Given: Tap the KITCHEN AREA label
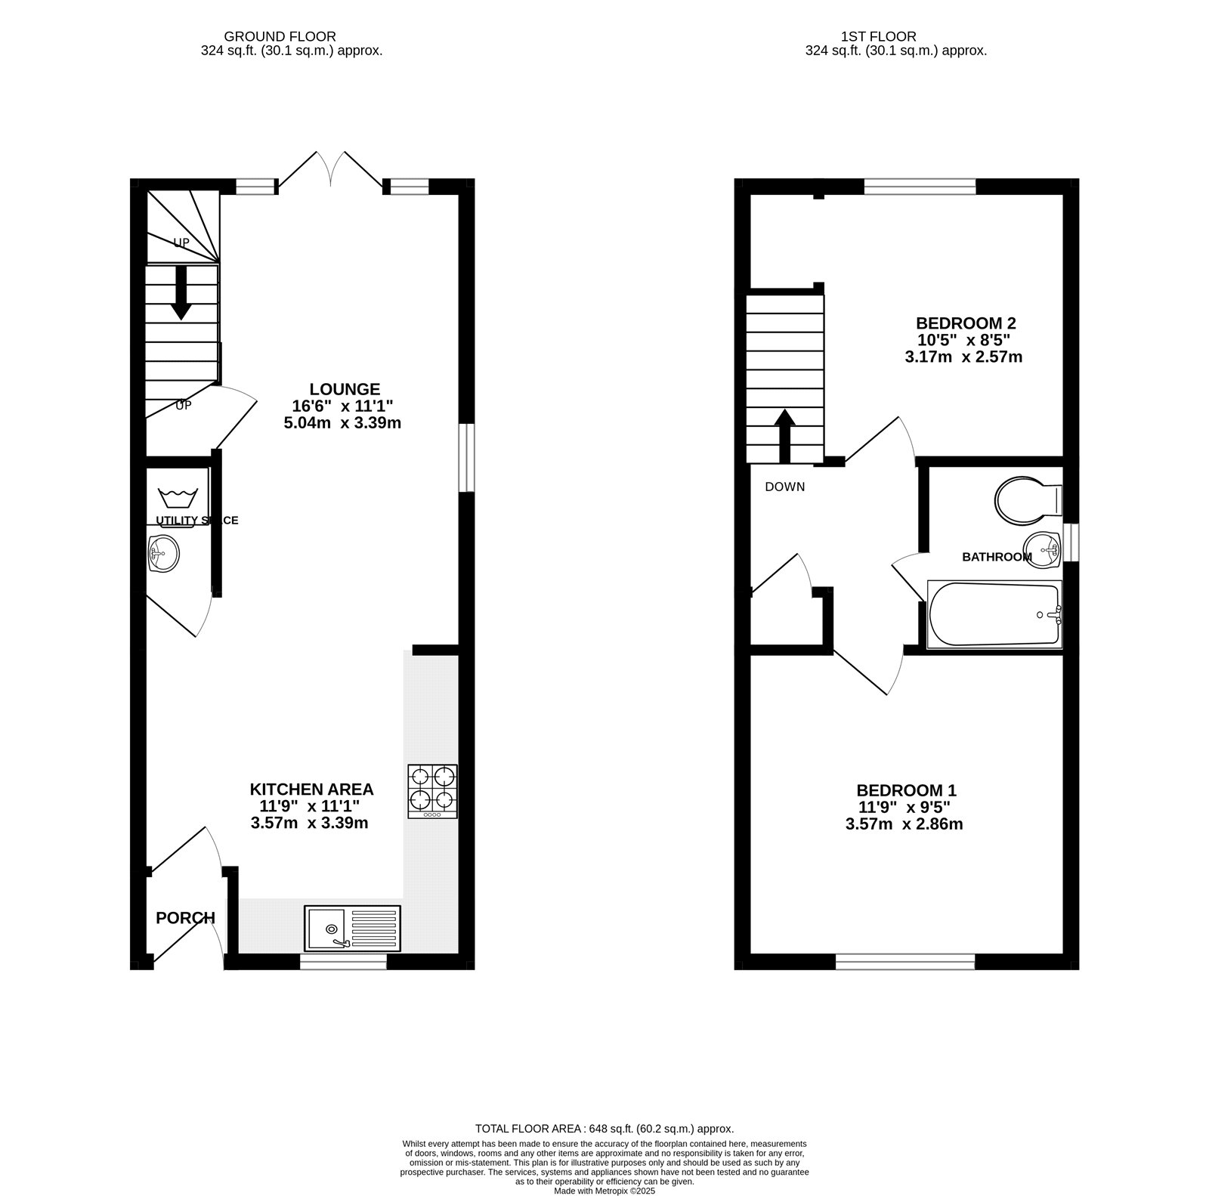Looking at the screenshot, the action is click(312, 790).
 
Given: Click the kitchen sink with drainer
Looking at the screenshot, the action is click(353, 928).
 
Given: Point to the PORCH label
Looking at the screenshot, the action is click(186, 918).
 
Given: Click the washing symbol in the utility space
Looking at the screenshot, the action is click(178, 499).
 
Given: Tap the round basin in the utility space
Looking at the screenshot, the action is click(164, 554).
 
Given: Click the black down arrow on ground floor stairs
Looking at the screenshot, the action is click(181, 292).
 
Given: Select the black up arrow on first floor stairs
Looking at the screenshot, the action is click(785, 436).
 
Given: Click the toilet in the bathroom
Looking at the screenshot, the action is click(1029, 499).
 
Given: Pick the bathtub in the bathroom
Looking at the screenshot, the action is click(994, 614).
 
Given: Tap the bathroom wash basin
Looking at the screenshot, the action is click(1042, 549).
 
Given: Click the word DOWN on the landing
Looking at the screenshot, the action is click(785, 487).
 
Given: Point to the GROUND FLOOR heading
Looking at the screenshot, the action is click(280, 36).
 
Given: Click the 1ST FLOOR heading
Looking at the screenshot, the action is click(879, 36).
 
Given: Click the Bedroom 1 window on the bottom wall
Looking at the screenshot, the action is click(905, 961).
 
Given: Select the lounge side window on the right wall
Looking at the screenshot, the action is click(467, 458).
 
